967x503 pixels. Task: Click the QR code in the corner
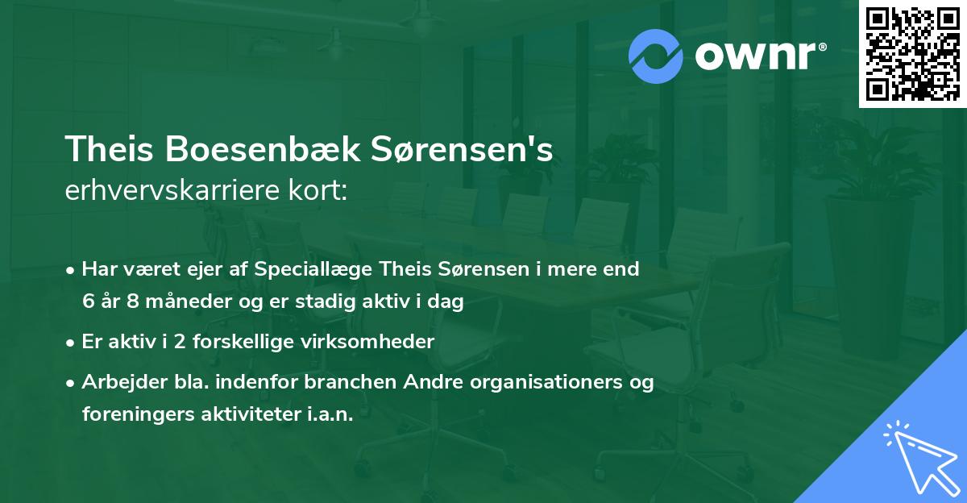tap(911, 54)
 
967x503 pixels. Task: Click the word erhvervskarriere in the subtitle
tap(170, 190)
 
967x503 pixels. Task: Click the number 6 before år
tap(88, 302)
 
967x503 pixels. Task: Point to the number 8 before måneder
tap(132, 302)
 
